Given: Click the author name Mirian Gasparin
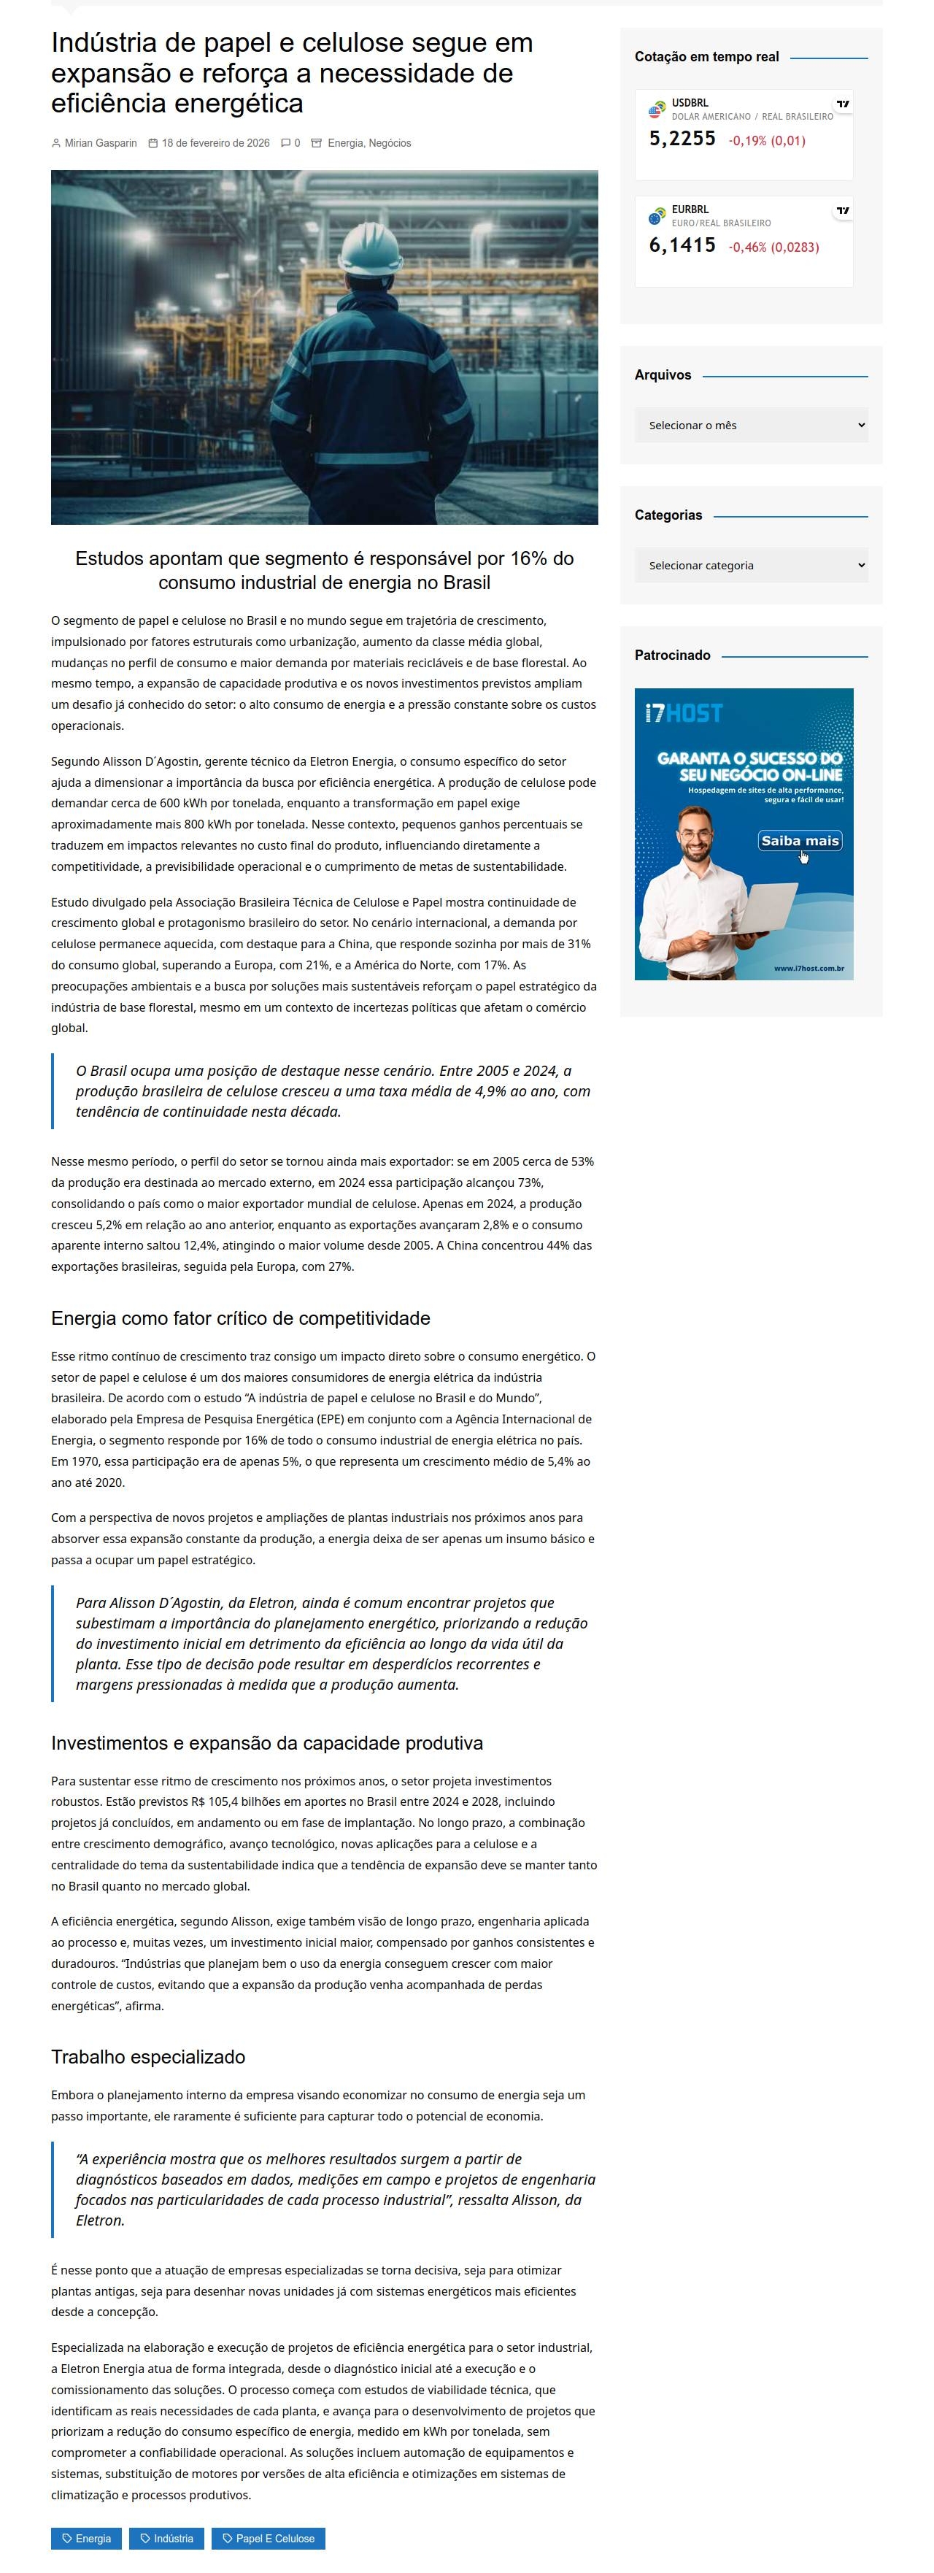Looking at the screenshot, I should (x=100, y=143).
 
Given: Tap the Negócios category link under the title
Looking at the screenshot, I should (x=390, y=143).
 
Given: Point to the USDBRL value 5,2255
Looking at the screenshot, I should (x=682, y=139).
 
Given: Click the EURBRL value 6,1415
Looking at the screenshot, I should (x=682, y=246).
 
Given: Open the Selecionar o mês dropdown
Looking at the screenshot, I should (x=750, y=426).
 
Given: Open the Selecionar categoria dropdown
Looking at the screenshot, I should (x=750, y=566).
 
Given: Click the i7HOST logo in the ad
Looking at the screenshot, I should (x=683, y=713).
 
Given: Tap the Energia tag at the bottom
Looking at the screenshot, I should (x=86, y=2538).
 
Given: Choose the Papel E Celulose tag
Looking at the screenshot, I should (x=268, y=2538).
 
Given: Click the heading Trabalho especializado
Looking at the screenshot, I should (x=148, y=2057).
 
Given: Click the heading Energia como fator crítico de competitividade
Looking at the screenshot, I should (x=241, y=1318).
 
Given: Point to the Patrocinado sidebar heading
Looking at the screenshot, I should (x=672, y=655).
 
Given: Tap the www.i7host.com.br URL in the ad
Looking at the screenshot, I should (x=808, y=968).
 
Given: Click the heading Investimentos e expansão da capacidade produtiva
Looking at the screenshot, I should (x=267, y=1743).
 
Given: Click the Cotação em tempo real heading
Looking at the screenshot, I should (x=706, y=57).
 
